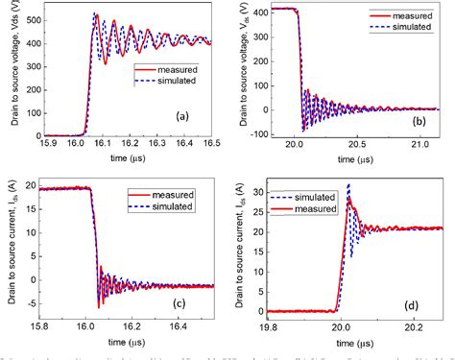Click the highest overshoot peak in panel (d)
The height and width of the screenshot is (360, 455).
coord(349,185)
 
